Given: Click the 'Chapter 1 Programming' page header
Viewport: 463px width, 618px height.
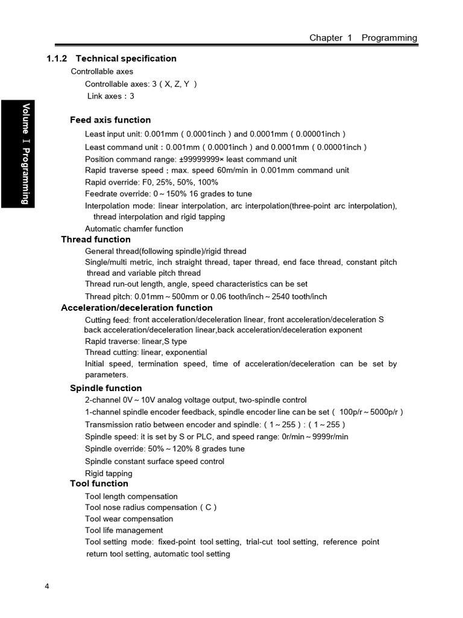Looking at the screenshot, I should [363, 37].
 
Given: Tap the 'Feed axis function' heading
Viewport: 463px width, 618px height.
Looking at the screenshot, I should [110, 119].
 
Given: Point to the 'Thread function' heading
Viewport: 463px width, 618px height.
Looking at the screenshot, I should [96, 239].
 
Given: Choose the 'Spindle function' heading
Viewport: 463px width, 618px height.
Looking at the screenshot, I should [106, 388].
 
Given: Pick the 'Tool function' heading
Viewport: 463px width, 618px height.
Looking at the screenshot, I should [99, 483].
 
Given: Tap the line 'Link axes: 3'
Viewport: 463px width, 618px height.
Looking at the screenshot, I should [110, 96].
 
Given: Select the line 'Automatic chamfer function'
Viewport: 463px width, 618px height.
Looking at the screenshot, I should [134, 229].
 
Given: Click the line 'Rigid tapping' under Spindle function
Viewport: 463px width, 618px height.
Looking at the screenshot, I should [109, 474].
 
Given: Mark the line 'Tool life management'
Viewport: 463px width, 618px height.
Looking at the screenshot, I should [124, 530].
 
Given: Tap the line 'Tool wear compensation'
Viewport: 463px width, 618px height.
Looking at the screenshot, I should [129, 519].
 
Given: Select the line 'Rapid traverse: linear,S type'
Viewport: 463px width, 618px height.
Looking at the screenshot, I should [136, 342].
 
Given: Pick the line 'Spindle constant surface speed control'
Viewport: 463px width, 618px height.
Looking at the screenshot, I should [154, 462].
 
